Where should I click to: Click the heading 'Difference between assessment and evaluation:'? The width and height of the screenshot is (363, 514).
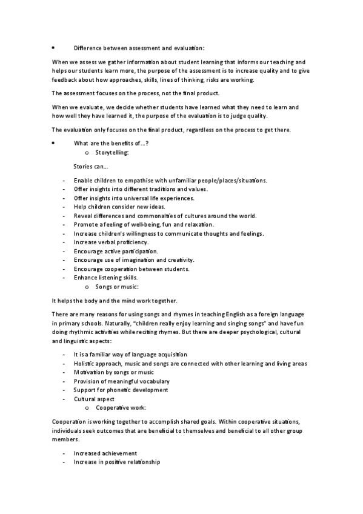[139, 48]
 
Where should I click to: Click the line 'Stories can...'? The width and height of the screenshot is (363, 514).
[91, 165]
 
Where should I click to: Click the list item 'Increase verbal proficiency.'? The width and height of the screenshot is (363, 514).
[111, 242]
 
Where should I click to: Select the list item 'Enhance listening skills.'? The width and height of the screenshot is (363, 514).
[105, 277]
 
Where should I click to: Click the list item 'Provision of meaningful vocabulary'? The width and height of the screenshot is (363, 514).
[121, 381]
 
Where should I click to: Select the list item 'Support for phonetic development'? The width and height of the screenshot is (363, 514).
[121, 390]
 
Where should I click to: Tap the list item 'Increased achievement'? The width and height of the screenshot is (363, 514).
[105, 453]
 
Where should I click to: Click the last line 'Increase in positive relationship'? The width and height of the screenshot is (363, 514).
[117, 462]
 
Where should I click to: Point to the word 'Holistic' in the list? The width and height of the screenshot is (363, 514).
[85, 363]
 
